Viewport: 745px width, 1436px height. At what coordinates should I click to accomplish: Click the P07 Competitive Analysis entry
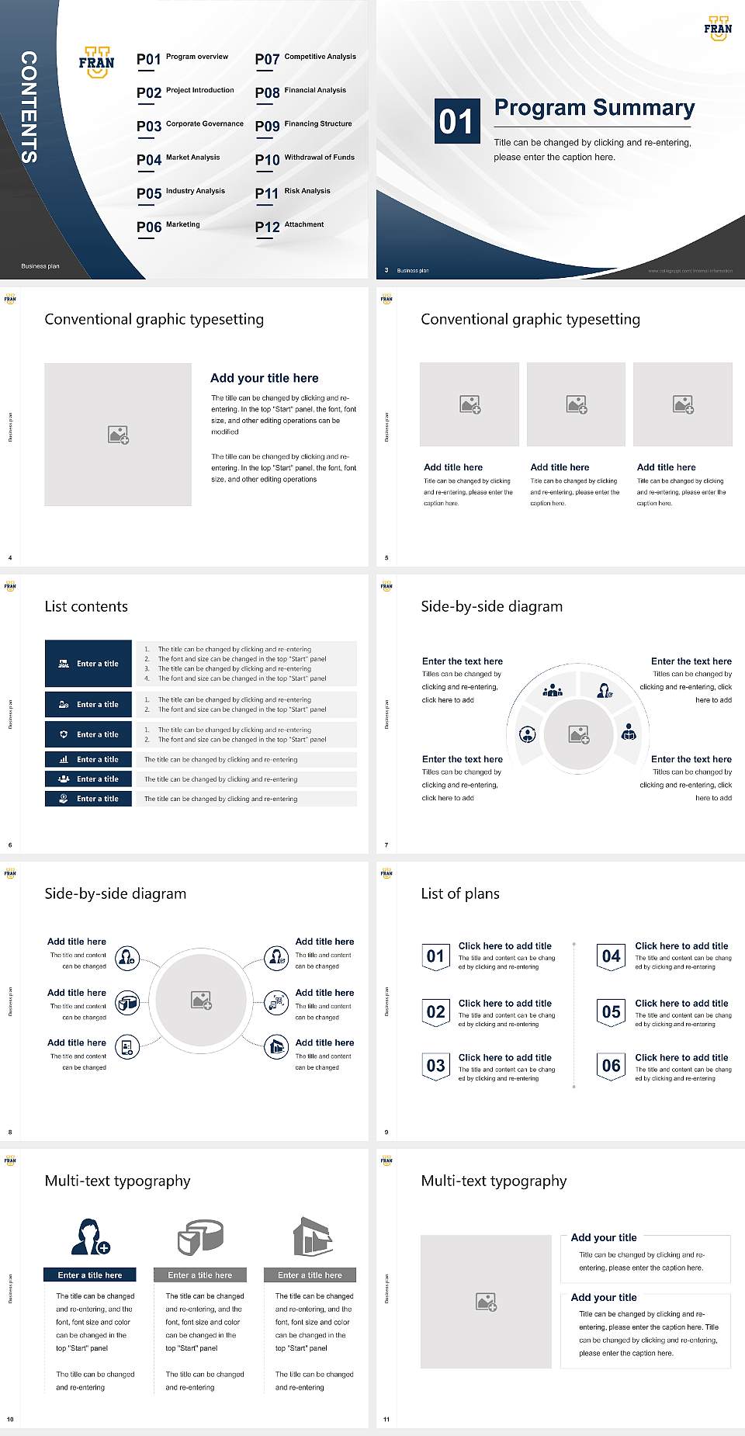(306, 58)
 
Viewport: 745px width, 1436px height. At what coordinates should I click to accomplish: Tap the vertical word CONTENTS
(29, 107)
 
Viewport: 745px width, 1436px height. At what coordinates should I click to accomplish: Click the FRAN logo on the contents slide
(96, 63)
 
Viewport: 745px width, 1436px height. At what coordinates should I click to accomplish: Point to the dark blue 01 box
(456, 121)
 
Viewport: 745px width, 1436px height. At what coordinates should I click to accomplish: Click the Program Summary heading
(594, 108)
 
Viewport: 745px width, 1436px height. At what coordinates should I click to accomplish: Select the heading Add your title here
(264, 378)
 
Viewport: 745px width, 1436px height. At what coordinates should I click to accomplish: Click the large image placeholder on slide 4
(118, 435)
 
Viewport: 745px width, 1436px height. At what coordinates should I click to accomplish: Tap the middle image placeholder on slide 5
(576, 404)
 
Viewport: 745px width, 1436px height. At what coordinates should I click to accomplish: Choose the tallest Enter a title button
(88, 664)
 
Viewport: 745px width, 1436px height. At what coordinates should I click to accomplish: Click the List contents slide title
(86, 606)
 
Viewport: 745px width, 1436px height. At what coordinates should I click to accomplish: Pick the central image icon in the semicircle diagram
(579, 734)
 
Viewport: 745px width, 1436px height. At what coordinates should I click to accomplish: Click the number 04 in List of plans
(611, 956)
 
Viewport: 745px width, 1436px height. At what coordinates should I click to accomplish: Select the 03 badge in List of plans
(435, 1066)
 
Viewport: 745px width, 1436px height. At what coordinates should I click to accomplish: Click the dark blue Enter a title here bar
(90, 1275)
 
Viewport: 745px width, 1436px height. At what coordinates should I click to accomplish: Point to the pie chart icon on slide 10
(200, 1237)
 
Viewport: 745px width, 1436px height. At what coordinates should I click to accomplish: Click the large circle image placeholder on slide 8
(201, 1001)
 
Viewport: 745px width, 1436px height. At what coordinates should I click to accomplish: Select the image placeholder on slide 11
(486, 1302)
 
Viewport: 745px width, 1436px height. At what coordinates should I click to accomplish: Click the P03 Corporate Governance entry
(190, 125)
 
